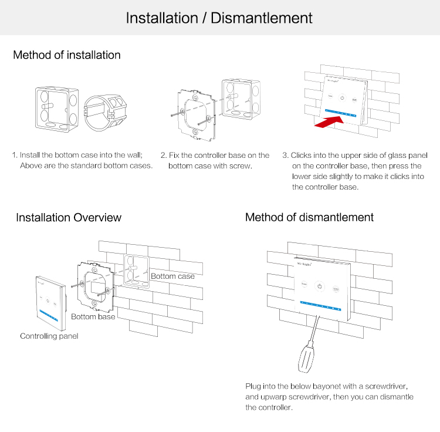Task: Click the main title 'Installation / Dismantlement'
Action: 219,18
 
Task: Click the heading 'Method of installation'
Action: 67,55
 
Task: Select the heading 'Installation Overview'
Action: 69,218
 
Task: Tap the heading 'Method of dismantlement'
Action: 309,217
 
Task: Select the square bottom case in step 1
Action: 55,107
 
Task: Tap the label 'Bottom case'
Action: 172,276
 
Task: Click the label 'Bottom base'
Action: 93,317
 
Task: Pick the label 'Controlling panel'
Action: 49,336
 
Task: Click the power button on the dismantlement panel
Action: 319,286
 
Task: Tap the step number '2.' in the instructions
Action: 164,156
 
